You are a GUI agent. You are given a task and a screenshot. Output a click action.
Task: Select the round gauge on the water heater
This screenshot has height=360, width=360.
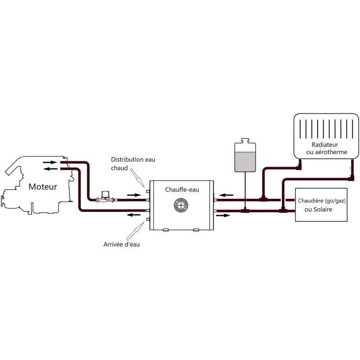(x=181, y=205)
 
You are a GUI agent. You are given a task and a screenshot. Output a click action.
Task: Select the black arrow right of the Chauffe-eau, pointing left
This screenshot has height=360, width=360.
(x=226, y=195)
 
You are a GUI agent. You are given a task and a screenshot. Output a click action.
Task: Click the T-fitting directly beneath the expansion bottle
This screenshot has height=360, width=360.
(x=245, y=210)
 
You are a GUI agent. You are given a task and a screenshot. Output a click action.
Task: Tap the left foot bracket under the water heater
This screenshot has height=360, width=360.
(x=166, y=229)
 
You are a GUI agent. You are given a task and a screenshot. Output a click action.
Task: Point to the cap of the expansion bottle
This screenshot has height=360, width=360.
(x=245, y=140)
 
